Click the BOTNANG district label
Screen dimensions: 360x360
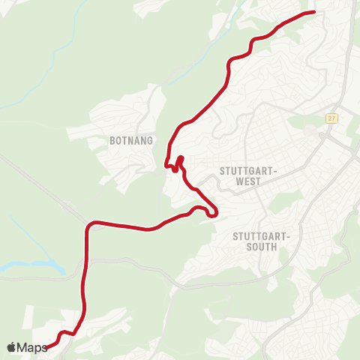(x=131, y=140)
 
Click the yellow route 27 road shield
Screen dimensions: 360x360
(x=331, y=118)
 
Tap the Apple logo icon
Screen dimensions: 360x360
(x=11, y=347)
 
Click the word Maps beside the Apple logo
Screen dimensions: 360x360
(x=32, y=347)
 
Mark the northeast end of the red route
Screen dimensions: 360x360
(x=313, y=13)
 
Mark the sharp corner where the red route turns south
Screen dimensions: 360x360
(x=91, y=224)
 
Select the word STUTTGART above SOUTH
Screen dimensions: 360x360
(x=261, y=235)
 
